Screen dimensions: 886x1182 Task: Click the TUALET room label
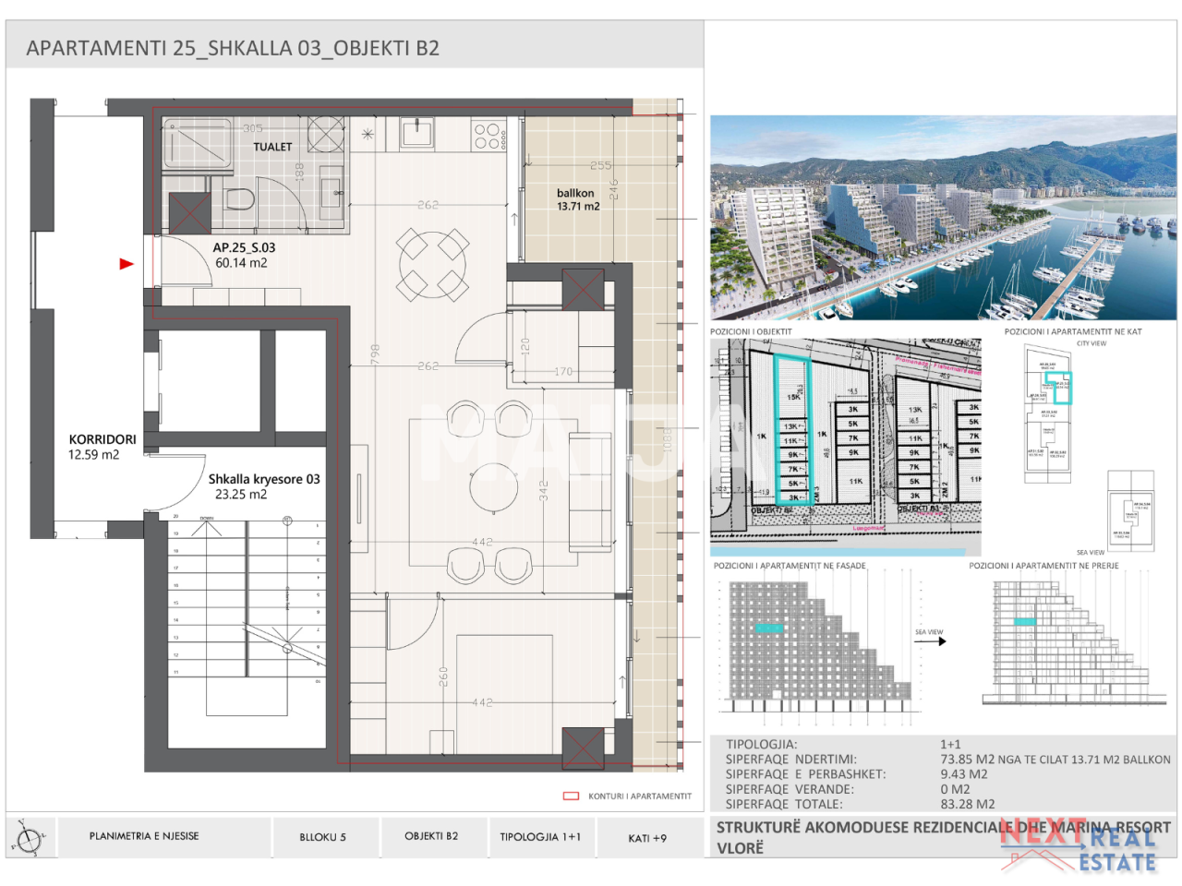coord(272,147)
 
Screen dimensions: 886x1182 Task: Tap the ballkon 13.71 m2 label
coord(577,199)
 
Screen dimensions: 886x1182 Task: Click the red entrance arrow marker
coord(127,264)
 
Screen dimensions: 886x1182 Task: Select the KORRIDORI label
coord(102,440)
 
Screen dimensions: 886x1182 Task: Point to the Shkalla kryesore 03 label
coord(263,479)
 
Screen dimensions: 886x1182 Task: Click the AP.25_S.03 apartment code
coord(244,247)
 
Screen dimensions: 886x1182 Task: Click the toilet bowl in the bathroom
coord(239,198)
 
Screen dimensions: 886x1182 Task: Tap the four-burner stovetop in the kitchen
coord(487,137)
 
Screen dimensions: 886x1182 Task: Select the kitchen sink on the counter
coord(416,134)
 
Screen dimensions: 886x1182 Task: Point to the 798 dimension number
coord(375,353)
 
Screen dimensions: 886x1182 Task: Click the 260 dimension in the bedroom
coord(443,676)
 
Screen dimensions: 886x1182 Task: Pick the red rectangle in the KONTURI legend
coord(571,796)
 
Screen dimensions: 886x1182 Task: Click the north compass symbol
coord(29,839)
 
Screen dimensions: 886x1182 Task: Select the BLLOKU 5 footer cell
coord(322,837)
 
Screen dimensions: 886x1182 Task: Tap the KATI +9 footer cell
coord(646,838)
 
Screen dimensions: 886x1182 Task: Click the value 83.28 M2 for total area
coord(967,804)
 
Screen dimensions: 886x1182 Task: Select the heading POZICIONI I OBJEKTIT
coord(751,331)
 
